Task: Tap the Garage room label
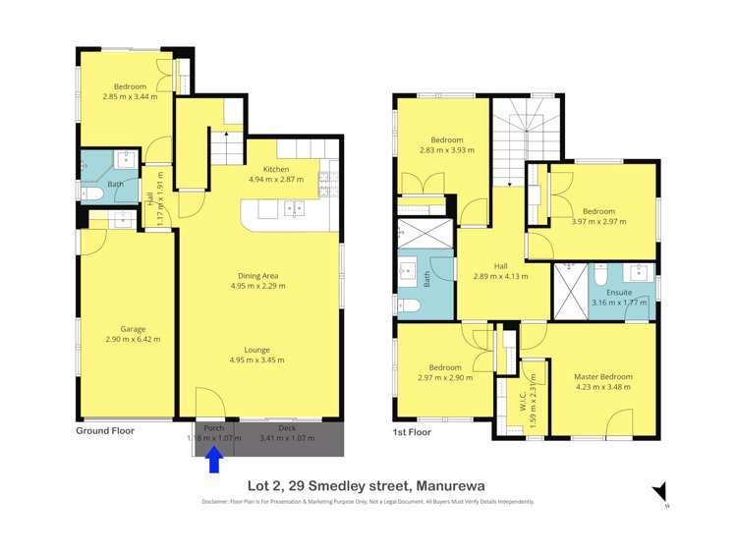133,329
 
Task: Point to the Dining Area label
257,276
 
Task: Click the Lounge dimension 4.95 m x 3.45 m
257,359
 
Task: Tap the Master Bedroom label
603,376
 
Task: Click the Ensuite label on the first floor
619,292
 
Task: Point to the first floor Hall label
500,266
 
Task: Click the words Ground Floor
105,430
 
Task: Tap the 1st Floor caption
412,431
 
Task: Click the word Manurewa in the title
450,484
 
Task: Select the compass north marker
659,492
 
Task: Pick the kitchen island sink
293,208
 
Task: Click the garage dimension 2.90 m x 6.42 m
133,339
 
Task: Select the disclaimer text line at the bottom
368,502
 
